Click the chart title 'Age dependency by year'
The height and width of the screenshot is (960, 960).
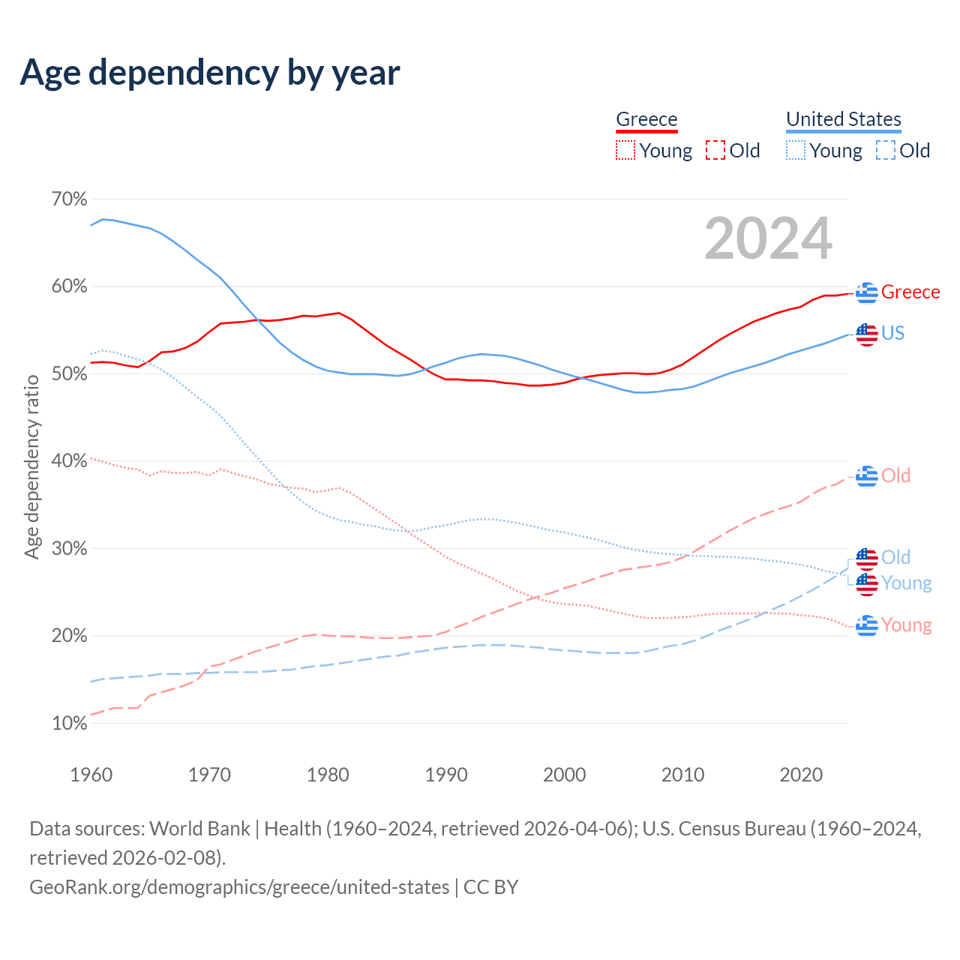[x=210, y=73]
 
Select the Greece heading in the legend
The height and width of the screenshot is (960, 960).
[x=646, y=119]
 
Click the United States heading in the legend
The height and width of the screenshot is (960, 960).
[x=843, y=119]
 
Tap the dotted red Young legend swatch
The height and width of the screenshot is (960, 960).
[x=625, y=151]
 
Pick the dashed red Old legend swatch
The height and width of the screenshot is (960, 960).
[x=715, y=151]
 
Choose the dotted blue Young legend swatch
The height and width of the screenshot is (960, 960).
[x=796, y=151]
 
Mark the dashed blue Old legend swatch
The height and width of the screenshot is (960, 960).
[x=886, y=151]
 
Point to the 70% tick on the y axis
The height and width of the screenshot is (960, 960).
[x=69, y=199]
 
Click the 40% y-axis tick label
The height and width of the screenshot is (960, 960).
[x=69, y=461]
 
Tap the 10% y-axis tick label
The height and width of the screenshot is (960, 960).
[x=69, y=724]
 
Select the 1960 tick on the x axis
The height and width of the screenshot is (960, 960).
[x=91, y=775]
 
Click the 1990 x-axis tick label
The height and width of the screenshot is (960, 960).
[x=446, y=775]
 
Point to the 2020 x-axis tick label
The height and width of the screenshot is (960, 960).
[x=801, y=775]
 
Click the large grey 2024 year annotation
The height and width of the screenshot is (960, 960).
[x=768, y=238]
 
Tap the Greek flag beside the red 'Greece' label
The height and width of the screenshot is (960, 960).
[x=867, y=292]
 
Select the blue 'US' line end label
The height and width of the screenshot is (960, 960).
[x=892, y=333]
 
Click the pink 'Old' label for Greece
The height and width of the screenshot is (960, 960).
[x=895, y=475]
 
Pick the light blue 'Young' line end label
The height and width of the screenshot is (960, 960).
[x=906, y=583]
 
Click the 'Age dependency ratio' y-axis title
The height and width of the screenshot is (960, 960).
[x=32, y=467]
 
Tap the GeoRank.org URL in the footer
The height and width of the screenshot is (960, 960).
[x=239, y=887]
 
